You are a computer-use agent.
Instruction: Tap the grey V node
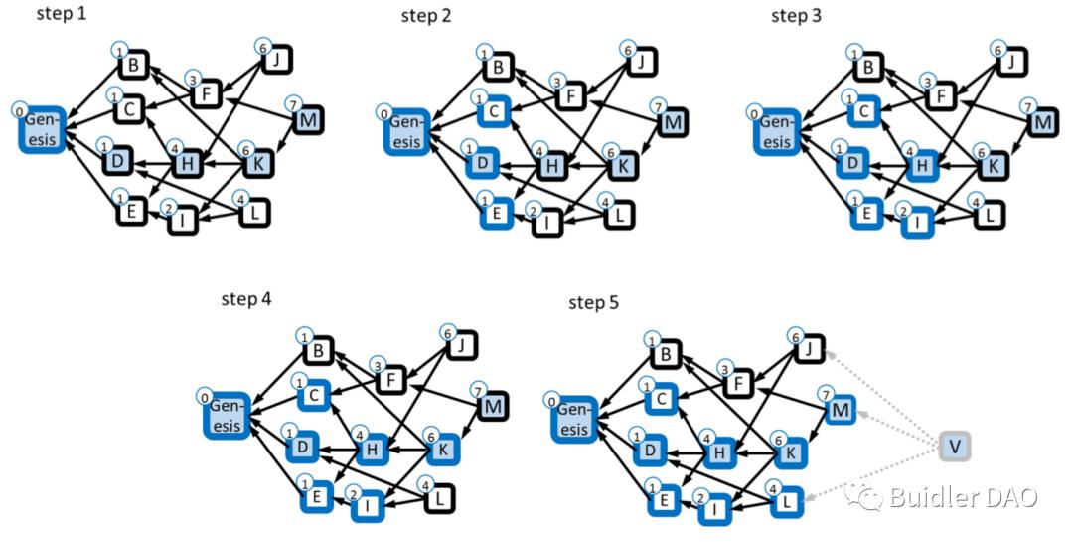pos(954,446)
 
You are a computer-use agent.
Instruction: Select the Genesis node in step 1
pos(42,130)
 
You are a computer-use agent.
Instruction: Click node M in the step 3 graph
pos(1041,123)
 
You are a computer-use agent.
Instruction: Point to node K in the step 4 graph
pos(443,452)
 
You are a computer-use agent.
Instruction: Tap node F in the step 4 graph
pos(390,381)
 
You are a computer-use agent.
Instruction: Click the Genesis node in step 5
pos(577,417)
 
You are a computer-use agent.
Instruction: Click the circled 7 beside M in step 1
pos(292,104)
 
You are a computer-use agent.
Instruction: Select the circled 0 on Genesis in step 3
pos(758,113)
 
